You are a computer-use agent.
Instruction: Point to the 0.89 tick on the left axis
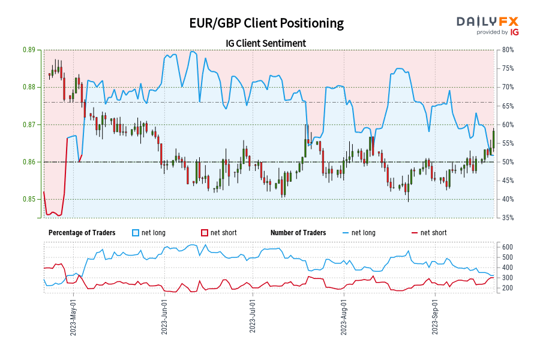(27, 50)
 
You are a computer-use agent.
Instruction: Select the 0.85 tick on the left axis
(27, 199)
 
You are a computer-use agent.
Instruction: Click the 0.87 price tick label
(27, 125)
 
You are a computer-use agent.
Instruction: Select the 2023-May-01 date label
(73, 317)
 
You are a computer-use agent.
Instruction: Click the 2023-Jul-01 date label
(253, 317)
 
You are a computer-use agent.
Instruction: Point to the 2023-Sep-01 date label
(435, 317)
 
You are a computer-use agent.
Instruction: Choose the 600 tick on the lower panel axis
(506, 247)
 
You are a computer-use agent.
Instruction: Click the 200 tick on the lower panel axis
(506, 288)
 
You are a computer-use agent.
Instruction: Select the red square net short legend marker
(204, 233)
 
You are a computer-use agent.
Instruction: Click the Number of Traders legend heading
(298, 233)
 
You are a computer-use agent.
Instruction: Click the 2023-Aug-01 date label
(344, 317)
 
